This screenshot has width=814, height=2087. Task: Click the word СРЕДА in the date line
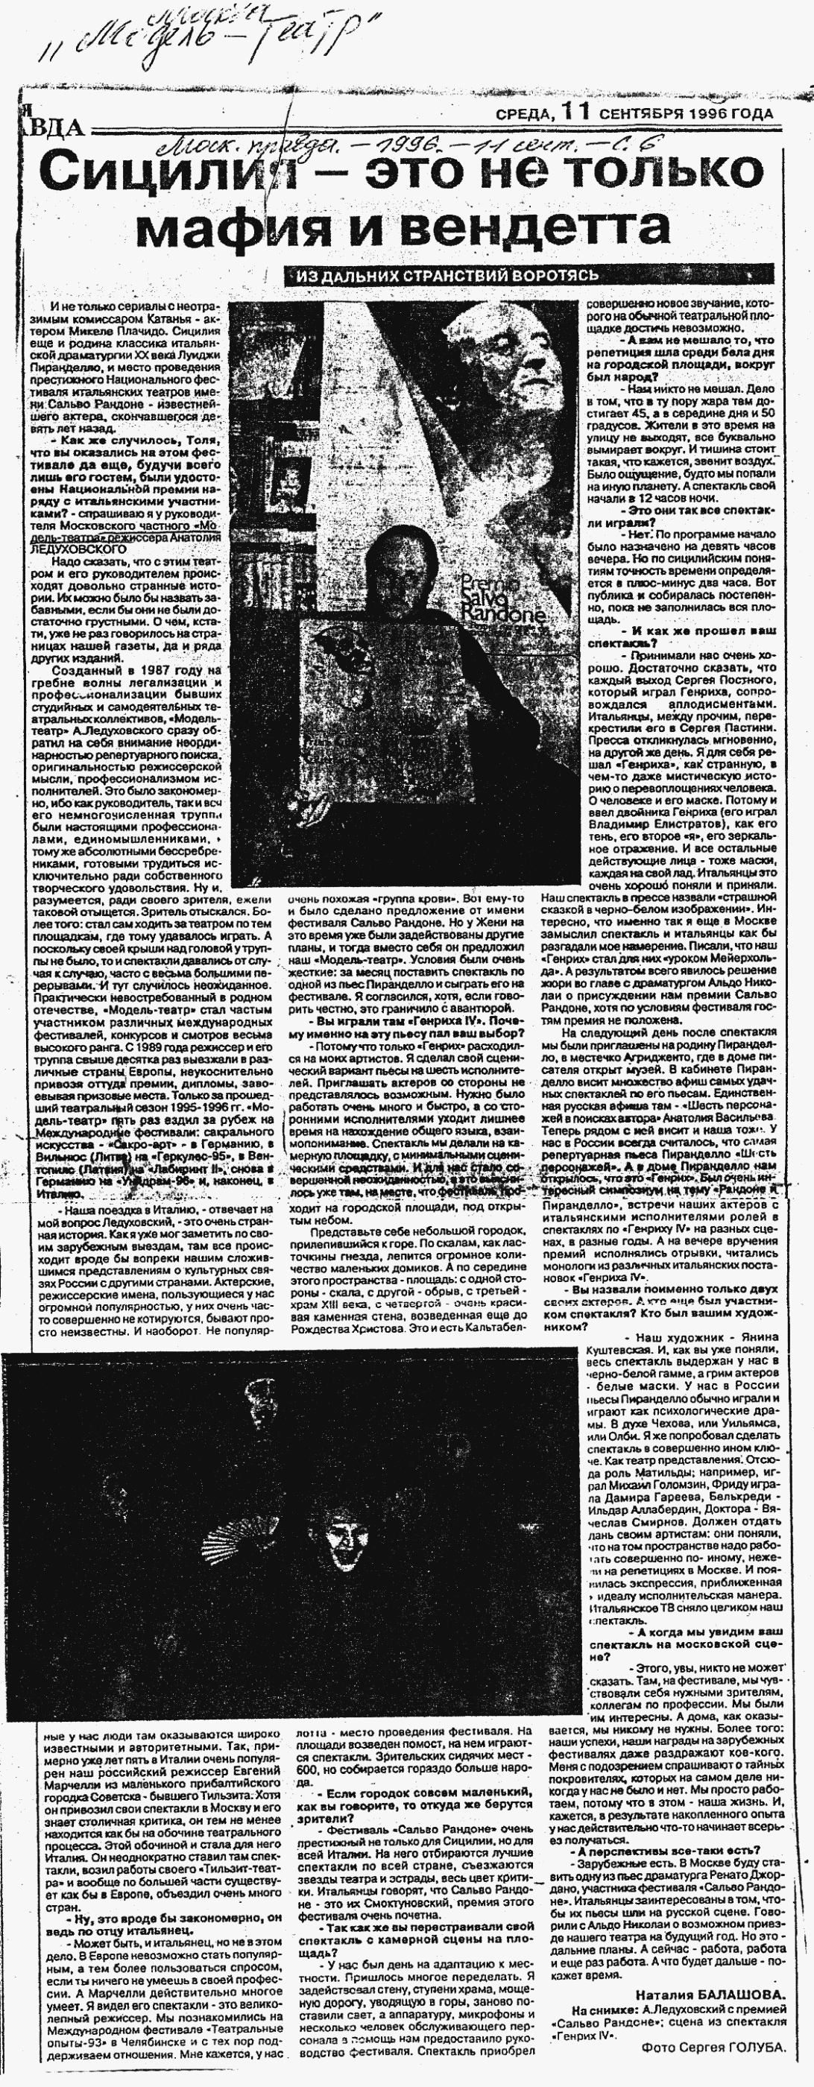[524, 113]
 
